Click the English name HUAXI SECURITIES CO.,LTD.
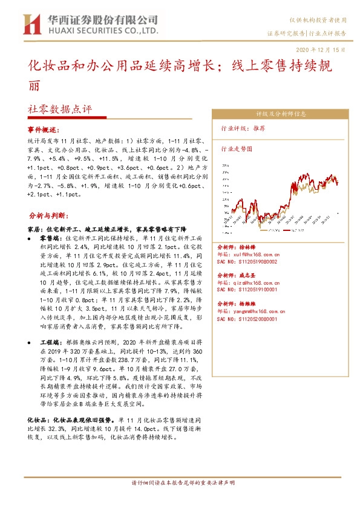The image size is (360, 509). coord(102,30)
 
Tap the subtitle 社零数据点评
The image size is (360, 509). coord(60,110)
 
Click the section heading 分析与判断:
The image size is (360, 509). coord(45,215)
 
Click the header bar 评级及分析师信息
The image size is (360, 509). coord(281,113)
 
